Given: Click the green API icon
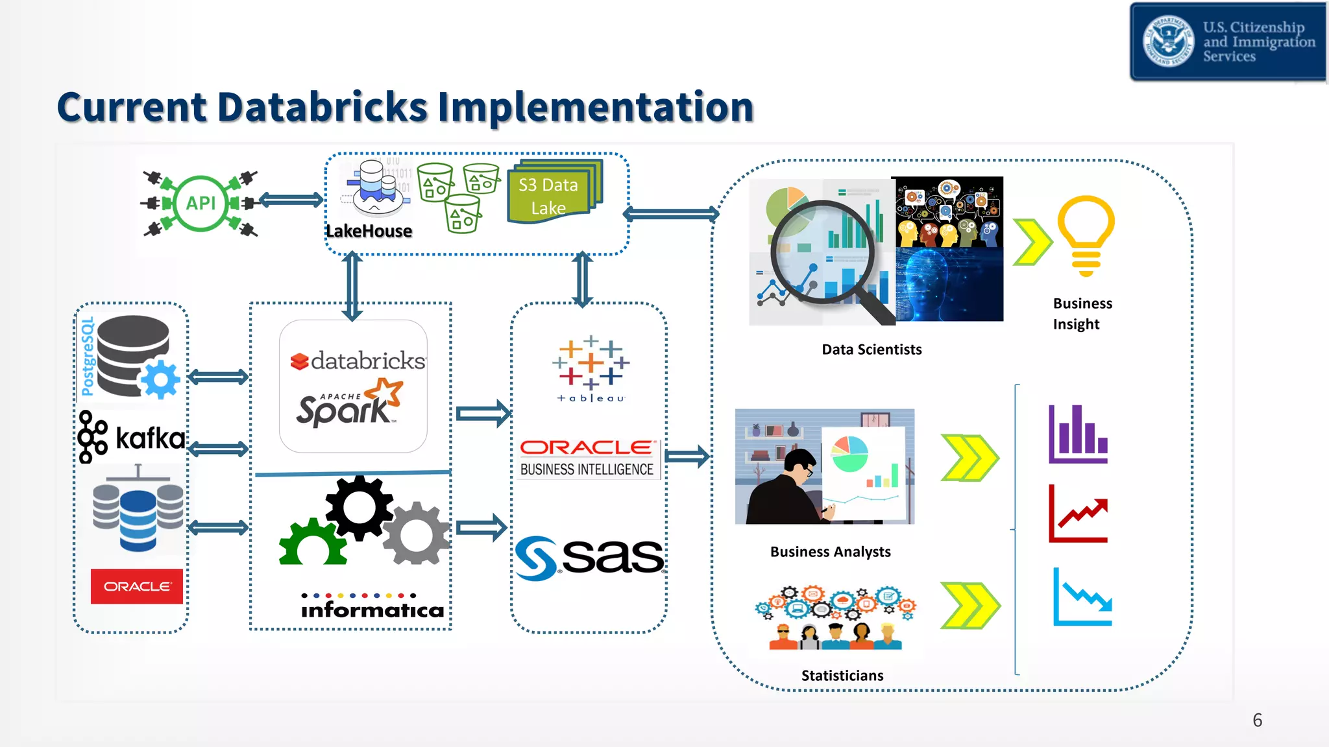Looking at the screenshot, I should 201,204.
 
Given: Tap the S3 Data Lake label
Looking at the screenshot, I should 548,196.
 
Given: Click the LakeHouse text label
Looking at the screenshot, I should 369,231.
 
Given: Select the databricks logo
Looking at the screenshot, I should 358,361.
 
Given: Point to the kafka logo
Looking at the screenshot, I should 132,438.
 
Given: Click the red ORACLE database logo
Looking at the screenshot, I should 137,586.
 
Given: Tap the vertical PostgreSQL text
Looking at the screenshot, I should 87,357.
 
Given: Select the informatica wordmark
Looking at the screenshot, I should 372,610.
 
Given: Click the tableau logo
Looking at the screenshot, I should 591,369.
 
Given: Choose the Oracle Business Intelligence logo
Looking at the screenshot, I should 588,458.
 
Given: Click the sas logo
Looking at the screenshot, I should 589,557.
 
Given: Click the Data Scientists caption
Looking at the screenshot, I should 872,350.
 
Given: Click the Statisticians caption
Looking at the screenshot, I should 842,676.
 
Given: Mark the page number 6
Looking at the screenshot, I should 1257,720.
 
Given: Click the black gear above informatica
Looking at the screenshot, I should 359,507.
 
